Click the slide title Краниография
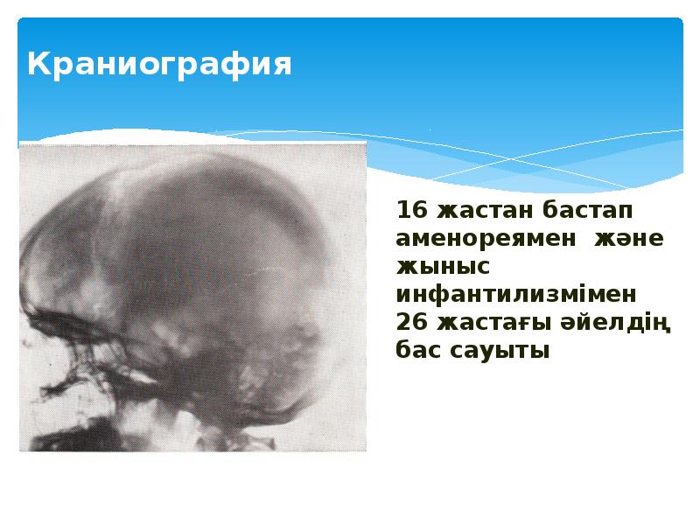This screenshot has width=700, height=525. [x=158, y=65]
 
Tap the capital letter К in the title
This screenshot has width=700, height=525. [x=38, y=64]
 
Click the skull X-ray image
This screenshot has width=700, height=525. [x=192, y=297]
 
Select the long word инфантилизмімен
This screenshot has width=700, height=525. [x=517, y=294]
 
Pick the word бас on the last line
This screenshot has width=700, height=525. [x=416, y=350]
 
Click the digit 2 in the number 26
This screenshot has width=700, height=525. [x=403, y=322]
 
